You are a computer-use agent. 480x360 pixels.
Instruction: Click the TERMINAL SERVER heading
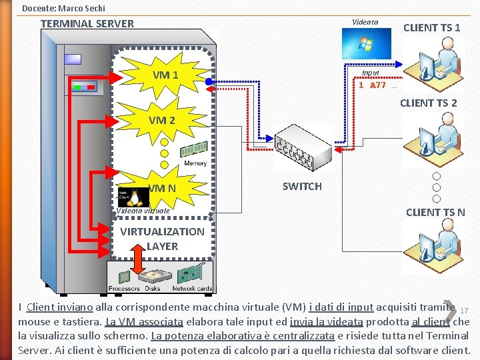click(x=87, y=23)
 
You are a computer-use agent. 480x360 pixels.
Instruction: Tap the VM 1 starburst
click(x=165, y=75)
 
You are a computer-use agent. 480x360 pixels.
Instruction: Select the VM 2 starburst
click(x=162, y=121)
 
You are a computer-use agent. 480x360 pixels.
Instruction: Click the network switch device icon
click(x=304, y=148)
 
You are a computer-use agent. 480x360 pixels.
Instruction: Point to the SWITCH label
click(x=302, y=187)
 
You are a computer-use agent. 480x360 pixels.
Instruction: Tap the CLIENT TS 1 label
click(x=431, y=27)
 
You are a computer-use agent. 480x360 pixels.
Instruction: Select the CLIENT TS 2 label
click(x=429, y=103)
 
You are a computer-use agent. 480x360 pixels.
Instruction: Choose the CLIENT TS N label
click(x=435, y=213)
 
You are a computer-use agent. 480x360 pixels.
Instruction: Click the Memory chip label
click(x=195, y=163)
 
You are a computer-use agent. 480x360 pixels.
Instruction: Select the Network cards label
click(x=192, y=289)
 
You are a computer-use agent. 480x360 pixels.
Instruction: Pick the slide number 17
click(x=465, y=311)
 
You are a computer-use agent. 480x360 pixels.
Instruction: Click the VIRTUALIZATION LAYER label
click(x=162, y=239)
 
